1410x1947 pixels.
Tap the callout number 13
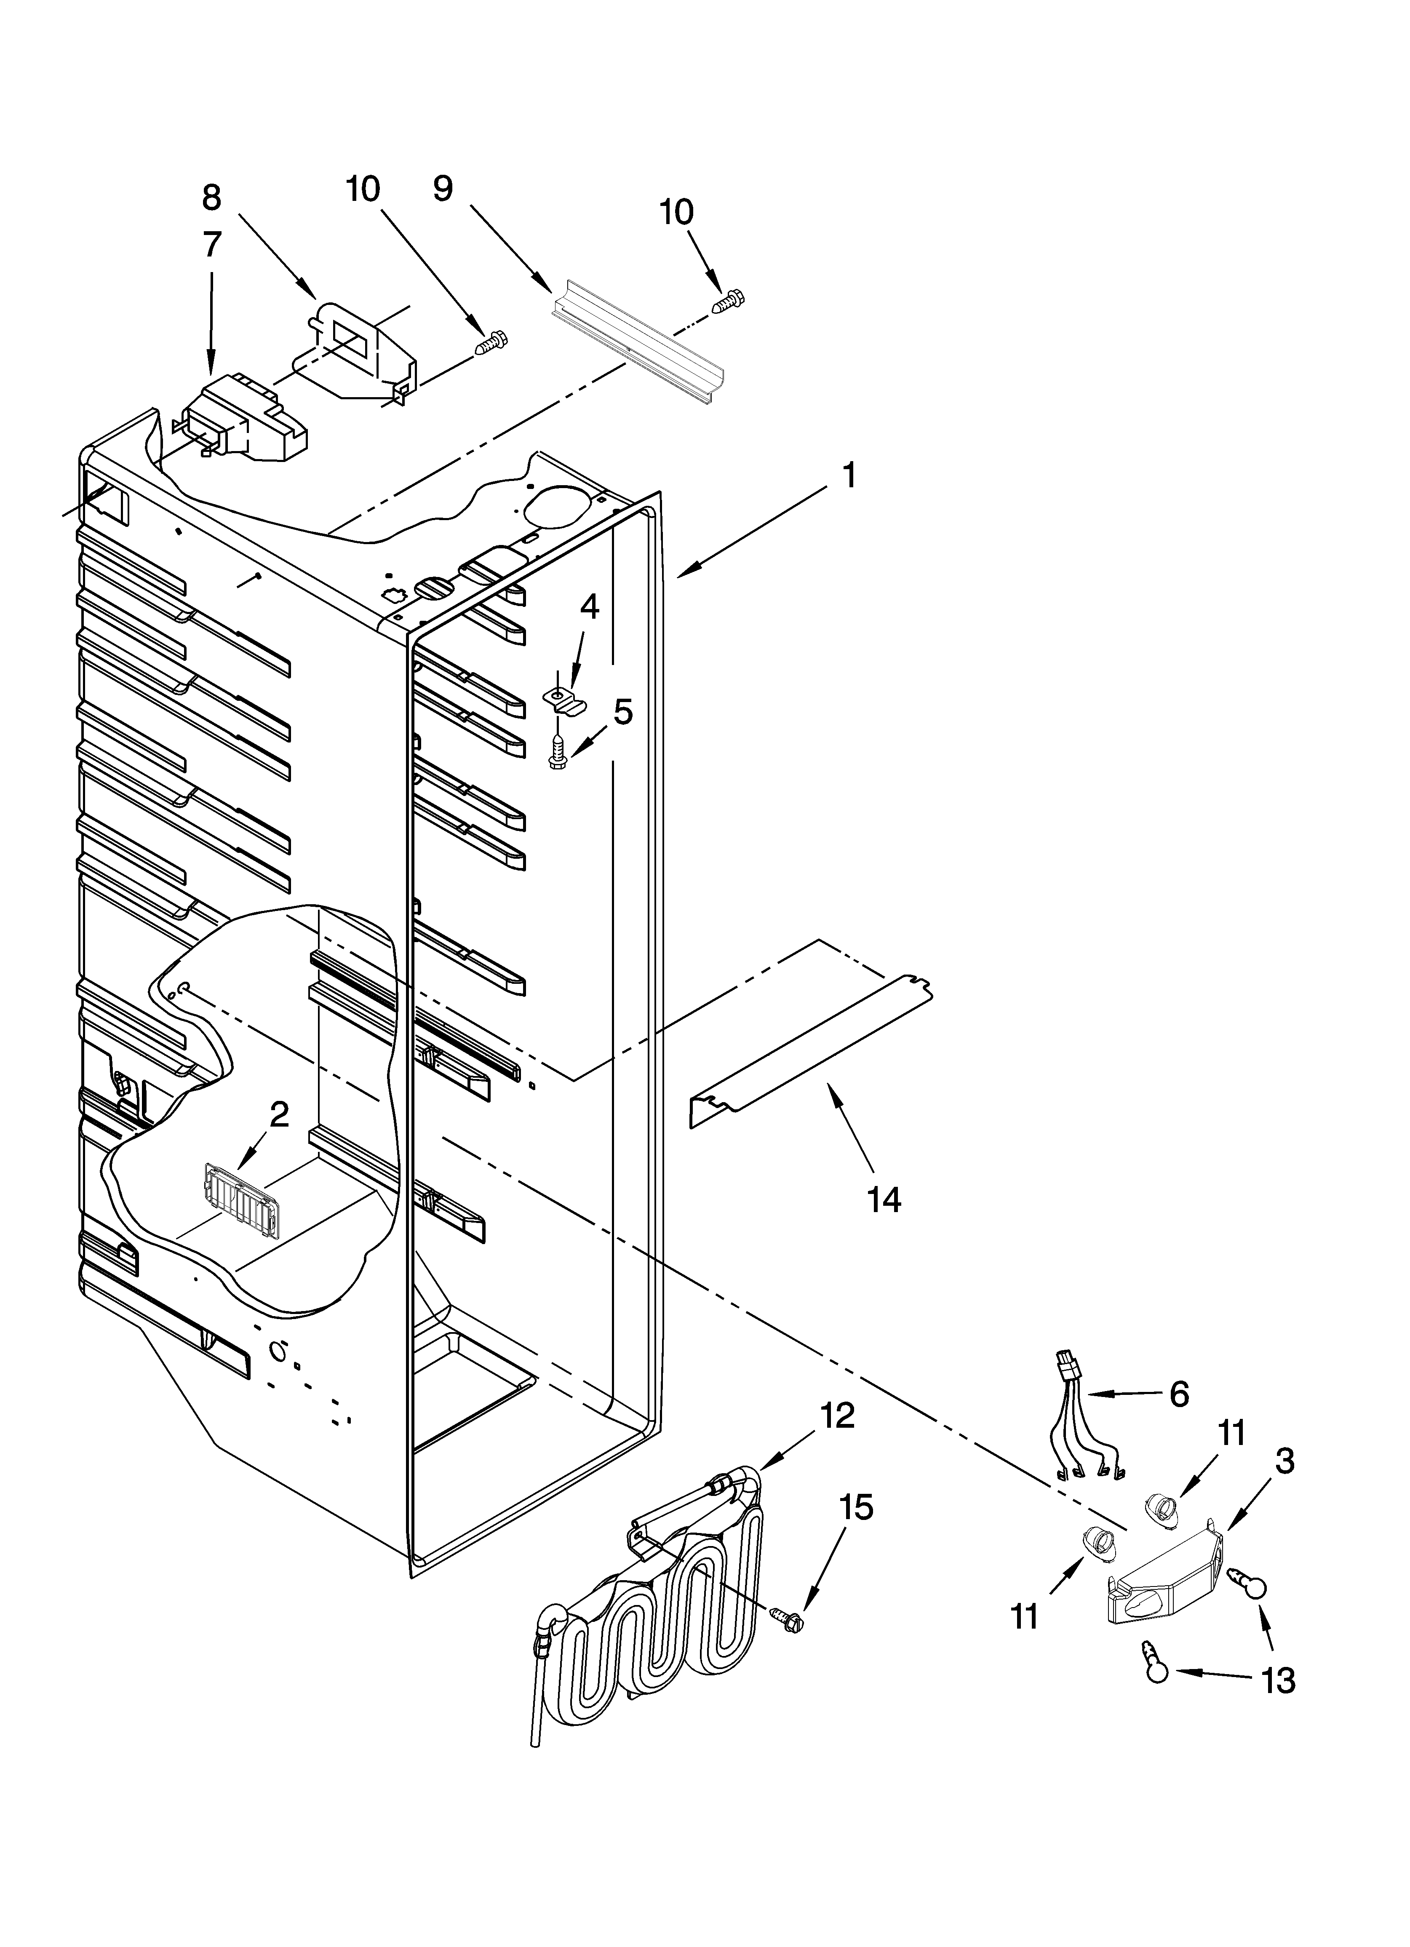tap(1278, 1680)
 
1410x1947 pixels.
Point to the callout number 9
tap(442, 188)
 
